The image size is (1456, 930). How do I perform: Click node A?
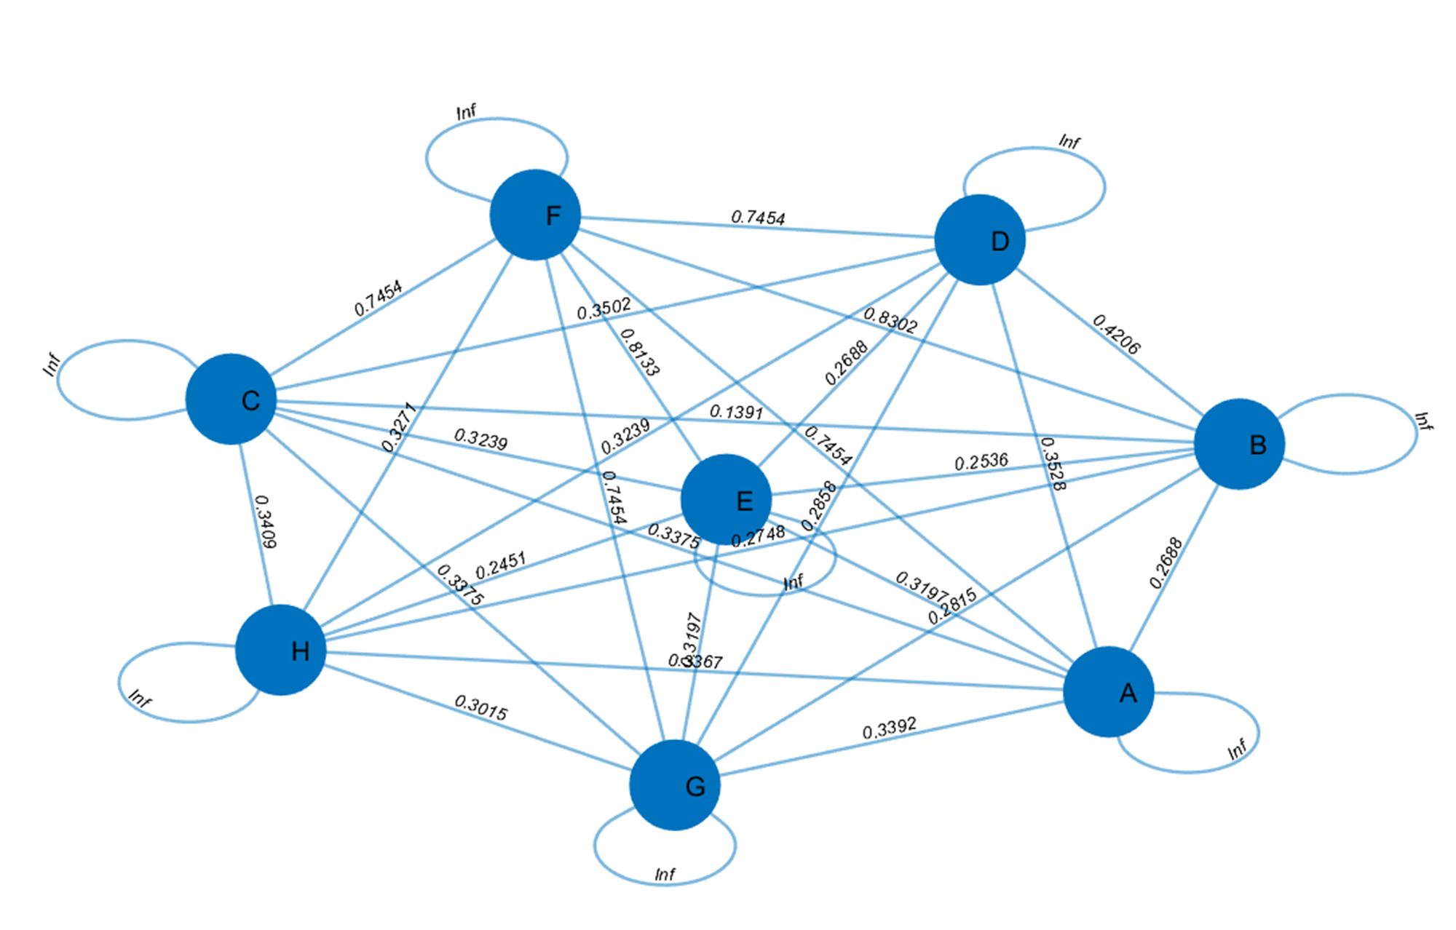point(1108,691)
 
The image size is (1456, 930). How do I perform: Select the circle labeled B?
point(1239,444)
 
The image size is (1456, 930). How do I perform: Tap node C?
point(231,400)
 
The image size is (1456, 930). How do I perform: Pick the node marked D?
point(980,239)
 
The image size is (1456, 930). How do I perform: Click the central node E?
point(726,500)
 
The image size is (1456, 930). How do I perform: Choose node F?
point(535,215)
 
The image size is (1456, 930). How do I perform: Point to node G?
point(675,785)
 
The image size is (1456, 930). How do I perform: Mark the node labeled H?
point(280,650)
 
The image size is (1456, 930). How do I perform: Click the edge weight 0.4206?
point(1116,334)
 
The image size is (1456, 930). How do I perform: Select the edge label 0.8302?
point(890,319)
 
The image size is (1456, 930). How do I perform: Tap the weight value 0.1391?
point(736,412)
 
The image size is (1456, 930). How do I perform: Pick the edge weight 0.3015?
point(480,707)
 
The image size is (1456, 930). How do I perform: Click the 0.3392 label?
point(889,728)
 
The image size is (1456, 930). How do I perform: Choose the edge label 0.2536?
point(981,462)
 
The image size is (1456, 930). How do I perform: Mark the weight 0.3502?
point(604,309)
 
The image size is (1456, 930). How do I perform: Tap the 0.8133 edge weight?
point(639,352)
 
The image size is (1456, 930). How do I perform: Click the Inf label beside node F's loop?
point(466,111)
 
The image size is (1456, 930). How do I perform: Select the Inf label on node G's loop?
point(665,874)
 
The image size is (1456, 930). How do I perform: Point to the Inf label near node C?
point(51,364)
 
